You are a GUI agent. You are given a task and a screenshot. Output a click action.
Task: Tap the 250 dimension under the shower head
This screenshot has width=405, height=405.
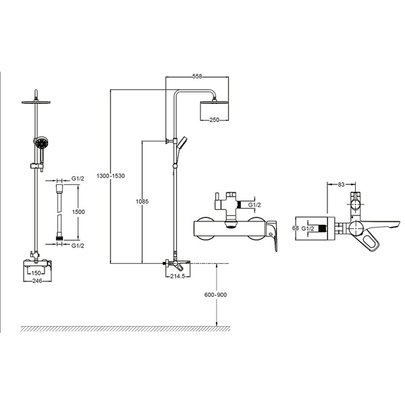[215, 119]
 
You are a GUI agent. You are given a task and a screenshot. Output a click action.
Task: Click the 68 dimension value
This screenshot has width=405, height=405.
[295, 229]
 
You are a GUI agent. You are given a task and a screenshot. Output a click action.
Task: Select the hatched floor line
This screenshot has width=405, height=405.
[125, 329]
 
